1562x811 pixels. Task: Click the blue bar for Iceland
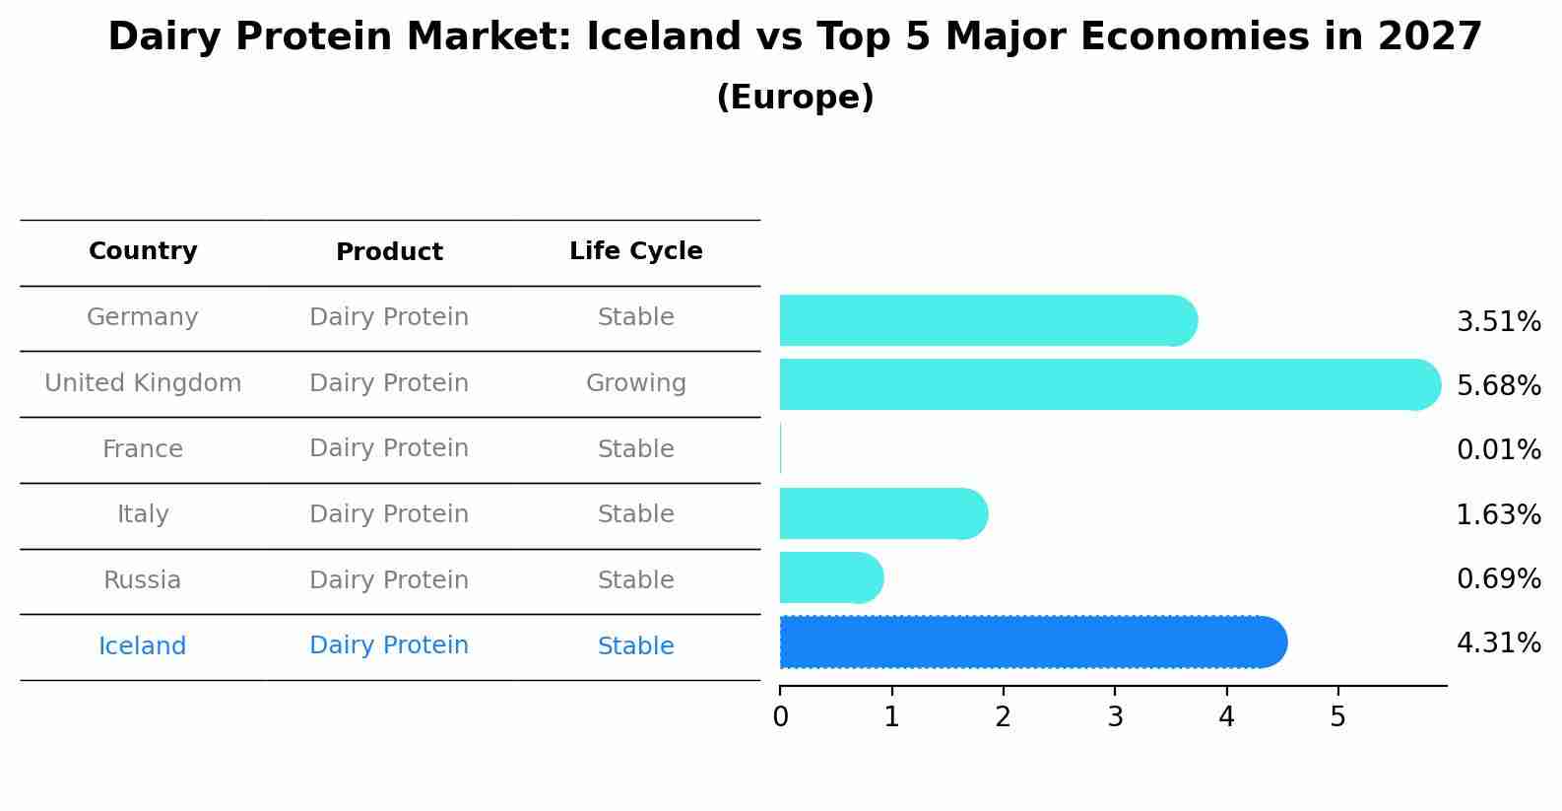coord(1032,642)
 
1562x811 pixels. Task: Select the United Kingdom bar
coord(1109,384)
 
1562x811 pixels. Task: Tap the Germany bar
coord(988,320)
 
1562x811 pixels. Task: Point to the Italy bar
coord(883,513)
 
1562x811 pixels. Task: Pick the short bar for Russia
coord(831,577)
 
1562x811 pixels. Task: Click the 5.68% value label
coord(1498,385)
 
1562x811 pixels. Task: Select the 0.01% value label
coord(1498,450)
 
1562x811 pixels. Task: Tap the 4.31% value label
coord(1498,643)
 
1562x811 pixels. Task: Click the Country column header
coord(143,251)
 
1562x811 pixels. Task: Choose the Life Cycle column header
coord(635,251)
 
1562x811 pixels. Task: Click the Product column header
coord(389,252)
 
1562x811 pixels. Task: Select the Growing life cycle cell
coord(635,383)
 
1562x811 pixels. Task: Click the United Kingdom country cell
coord(143,383)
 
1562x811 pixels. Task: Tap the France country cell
coord(143,449)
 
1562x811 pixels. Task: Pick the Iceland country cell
coord(143,646)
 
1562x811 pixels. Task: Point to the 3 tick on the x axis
coord(1115,717)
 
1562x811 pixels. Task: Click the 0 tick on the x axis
coord(780,717)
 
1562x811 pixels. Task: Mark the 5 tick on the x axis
coord(1337,717)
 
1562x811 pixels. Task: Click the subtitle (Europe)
coord(795,98)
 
